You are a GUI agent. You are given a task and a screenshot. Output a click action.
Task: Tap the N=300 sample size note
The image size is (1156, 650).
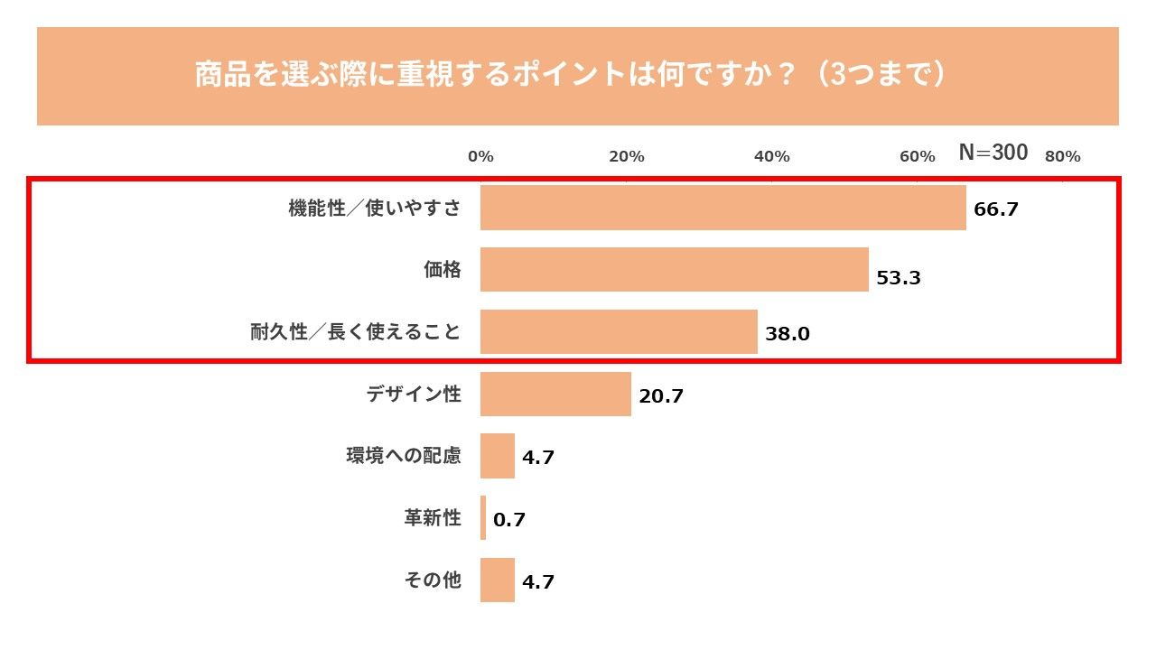pos(993,153)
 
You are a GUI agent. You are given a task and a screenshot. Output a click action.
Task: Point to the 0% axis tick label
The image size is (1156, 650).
pos(480,157)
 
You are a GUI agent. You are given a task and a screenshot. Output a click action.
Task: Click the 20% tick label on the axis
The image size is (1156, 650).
pos(626,157)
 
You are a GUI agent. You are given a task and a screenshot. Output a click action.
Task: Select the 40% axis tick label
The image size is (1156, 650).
pos(771,157)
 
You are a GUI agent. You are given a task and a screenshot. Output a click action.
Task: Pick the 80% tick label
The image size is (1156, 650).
pos(1062,157)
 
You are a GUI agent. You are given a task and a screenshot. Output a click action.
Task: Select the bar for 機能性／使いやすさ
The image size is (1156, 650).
pos(722,209)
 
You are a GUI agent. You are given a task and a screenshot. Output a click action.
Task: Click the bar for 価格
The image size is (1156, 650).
pos(674,270)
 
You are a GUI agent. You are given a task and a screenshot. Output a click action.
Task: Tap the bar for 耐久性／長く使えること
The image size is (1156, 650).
pos(619,331)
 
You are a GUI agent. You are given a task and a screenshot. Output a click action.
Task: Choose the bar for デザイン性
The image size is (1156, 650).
pos(555,394)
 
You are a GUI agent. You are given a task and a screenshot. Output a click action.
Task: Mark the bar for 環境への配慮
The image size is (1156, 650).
pos(497,456)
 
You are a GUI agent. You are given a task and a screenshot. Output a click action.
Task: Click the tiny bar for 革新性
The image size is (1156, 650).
pos(483,517)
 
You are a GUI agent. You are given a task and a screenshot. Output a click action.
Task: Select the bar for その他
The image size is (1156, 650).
pos(497,580)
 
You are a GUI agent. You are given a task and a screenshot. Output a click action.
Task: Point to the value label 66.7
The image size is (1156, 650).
pos(996,209)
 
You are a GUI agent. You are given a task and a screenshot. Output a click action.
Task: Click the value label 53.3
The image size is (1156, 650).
pos(899,278)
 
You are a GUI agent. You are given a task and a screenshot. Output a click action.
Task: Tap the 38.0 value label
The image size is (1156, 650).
pos(788,334)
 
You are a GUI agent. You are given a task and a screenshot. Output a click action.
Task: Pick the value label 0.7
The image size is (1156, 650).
pos(509,520)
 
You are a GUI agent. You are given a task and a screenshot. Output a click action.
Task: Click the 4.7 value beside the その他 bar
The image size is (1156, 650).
pos(538,582)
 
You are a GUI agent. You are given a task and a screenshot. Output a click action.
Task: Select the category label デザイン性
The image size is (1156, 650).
pos(414,394)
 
